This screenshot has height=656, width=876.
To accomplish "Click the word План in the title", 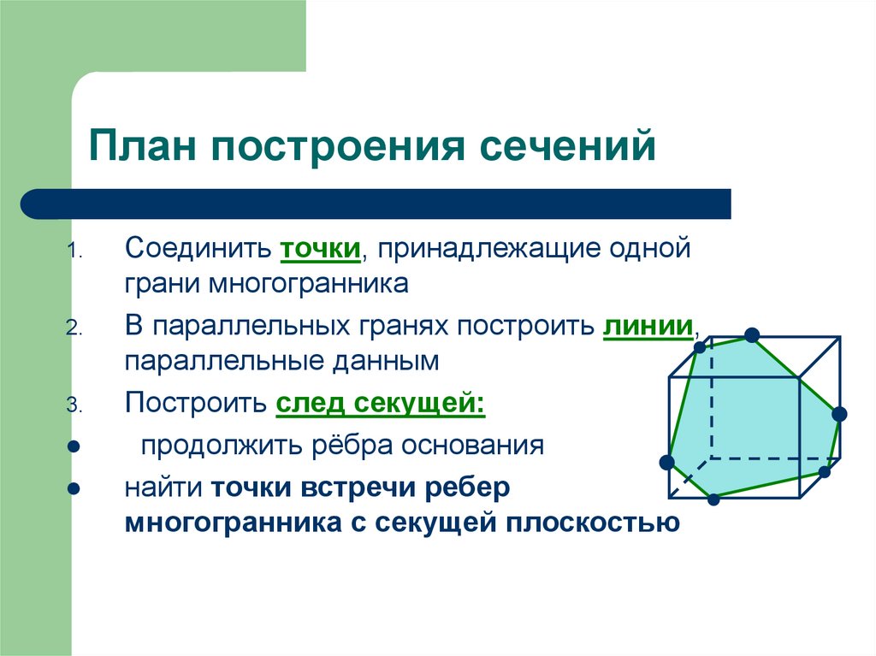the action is [x=143, y=145].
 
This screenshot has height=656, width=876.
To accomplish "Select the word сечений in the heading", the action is [x=568, y=146].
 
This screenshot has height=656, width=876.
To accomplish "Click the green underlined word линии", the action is [x=648, y=325].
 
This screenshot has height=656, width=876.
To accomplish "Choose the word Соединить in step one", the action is [x=198, y=247].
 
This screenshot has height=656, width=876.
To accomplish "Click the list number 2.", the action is [x=74, y=328].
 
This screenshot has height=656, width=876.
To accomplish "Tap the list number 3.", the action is [x=74, y=405].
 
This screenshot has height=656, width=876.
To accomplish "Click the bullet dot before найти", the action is [x=74, y=489].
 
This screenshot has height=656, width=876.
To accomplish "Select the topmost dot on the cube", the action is [x=752, y=335].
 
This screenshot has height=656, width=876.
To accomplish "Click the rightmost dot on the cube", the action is [x=839, y=414].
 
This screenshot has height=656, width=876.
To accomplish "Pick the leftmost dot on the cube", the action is [x=666, y=463].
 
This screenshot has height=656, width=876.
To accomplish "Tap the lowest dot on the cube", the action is [x=713, y=499].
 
